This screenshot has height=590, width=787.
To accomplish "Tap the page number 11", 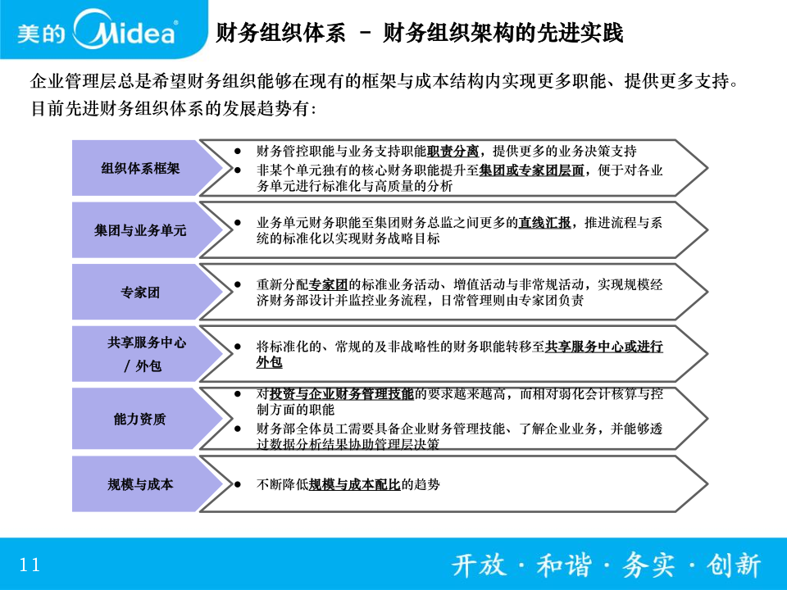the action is pyautogui.click(x=30, y=565).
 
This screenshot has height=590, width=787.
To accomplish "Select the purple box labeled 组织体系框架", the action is pyautogui.click(x=147, y=168).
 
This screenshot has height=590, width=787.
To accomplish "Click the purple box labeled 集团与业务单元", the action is pyautogui.click(x=147, y=230).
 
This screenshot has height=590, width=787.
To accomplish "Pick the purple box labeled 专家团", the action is pyautogui.click(x=147, y=292).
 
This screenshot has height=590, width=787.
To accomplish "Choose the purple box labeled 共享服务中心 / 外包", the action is pyautogui.click(x=147, y=354).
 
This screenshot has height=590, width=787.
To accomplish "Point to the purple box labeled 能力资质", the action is pyautogui.click(x=147, y=419).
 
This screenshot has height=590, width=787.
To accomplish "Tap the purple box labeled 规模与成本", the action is pyautogui.click(x=147, y=484).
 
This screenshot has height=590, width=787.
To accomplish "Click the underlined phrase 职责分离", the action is pyautogui.click(x=453, y=151).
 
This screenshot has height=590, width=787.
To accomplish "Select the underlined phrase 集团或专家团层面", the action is pyautogui.click(x=531, y=170).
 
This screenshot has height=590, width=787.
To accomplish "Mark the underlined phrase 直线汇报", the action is pyautogui.click(x=544, y=223).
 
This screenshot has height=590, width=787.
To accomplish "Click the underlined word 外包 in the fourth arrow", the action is pyautogui.click(x=270, y=362).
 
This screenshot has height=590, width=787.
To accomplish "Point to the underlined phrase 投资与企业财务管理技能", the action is pyautogui.click(x=342, y=394).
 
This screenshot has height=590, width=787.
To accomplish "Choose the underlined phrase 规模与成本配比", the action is pyautogui.click(x=354, y=484).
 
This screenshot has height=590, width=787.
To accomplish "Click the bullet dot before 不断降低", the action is pyautogui.click(x=238, y=484).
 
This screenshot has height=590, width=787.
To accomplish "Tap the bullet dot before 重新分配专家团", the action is pyautogui.click(x=238, y=285).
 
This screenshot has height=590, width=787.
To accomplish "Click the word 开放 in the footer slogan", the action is pyautogui.click(x=479, y=565).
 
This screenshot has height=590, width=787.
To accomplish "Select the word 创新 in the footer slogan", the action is pyautogui.click(x=734, y=565).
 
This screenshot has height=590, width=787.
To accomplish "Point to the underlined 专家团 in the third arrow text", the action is pyautogui.click(x=328, y=285).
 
